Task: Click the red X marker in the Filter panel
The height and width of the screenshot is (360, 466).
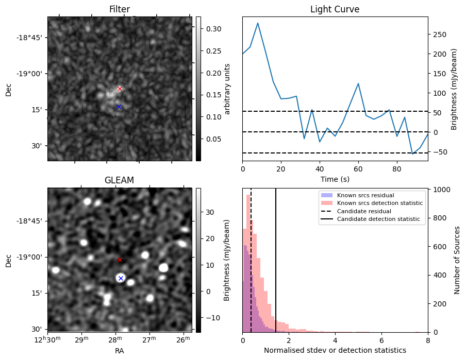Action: [120, 89]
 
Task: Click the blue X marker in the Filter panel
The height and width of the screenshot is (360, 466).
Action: [119, 107]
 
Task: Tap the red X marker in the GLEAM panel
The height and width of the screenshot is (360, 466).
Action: [120, 260]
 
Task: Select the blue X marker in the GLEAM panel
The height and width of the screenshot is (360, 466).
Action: [121, 278]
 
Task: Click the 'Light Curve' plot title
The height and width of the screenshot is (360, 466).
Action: [335, 10]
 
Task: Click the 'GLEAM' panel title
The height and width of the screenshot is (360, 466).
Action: [119, 180]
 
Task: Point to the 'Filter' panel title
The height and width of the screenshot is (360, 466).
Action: [119, 10]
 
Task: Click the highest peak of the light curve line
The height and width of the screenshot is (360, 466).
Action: [258, 23]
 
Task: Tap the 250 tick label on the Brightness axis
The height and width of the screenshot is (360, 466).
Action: [439, 35]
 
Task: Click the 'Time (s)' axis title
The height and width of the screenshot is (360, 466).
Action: [335, 179]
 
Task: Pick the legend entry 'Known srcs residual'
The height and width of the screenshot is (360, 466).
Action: [365, 195]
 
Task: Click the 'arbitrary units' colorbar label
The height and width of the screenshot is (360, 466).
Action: [227, 89]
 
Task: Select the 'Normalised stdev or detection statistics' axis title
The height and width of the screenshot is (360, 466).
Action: [335, 350]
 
